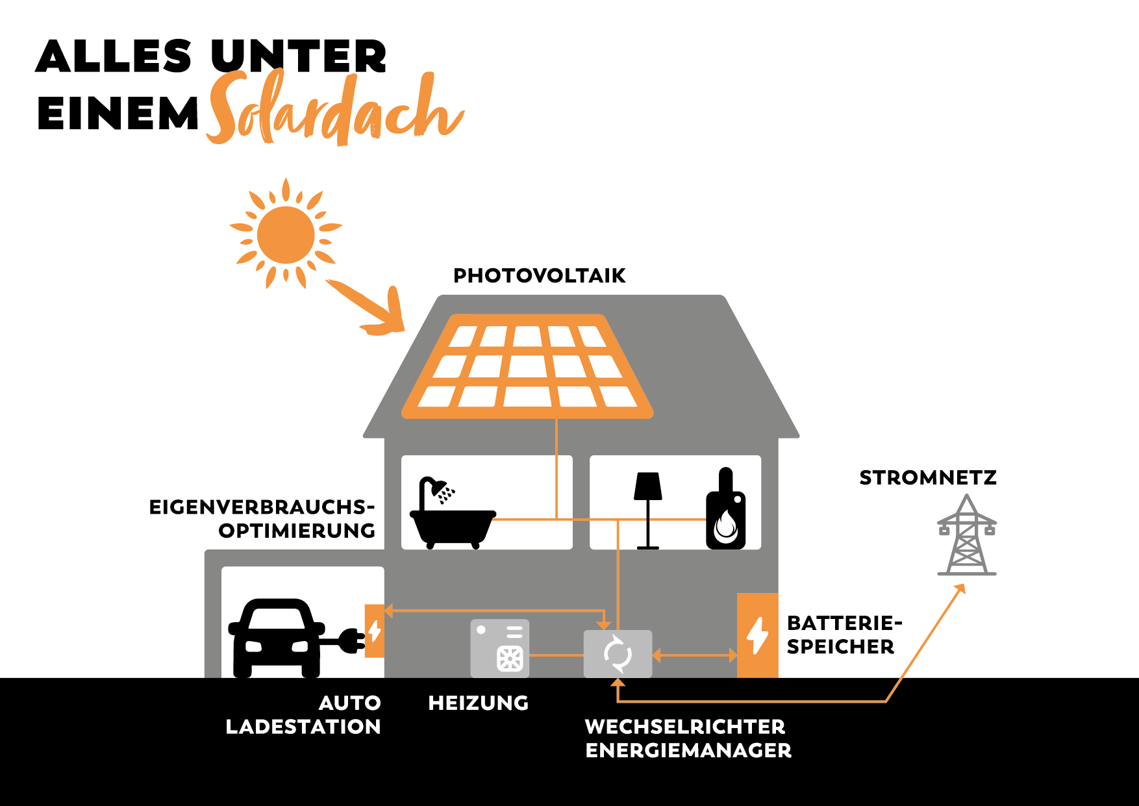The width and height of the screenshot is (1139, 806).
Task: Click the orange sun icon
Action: (286, 234)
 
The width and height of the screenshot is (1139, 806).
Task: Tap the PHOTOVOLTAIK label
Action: (539, 275)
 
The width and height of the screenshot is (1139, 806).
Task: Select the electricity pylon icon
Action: (967, 535)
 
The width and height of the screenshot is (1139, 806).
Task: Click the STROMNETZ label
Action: (928, 478)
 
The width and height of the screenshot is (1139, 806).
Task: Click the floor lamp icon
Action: (648, 510)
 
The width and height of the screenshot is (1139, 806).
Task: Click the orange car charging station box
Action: (375, 631)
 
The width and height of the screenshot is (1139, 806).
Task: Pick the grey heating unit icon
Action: (499, 648)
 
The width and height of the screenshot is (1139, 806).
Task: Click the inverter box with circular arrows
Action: (618, 654)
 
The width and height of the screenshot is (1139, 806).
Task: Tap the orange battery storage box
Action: (757, 635)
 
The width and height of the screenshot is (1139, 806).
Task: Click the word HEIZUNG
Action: (479, 703)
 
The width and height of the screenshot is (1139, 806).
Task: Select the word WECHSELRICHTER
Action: (685, 727)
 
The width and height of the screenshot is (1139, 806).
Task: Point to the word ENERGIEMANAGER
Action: (688, 751)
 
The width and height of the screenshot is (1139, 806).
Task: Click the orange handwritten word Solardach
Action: (334, 110)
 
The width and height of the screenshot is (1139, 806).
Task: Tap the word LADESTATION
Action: (303, 727)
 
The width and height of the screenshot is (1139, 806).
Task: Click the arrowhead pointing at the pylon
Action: (960, 588)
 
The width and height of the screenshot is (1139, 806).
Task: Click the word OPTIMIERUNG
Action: (297, 531)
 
